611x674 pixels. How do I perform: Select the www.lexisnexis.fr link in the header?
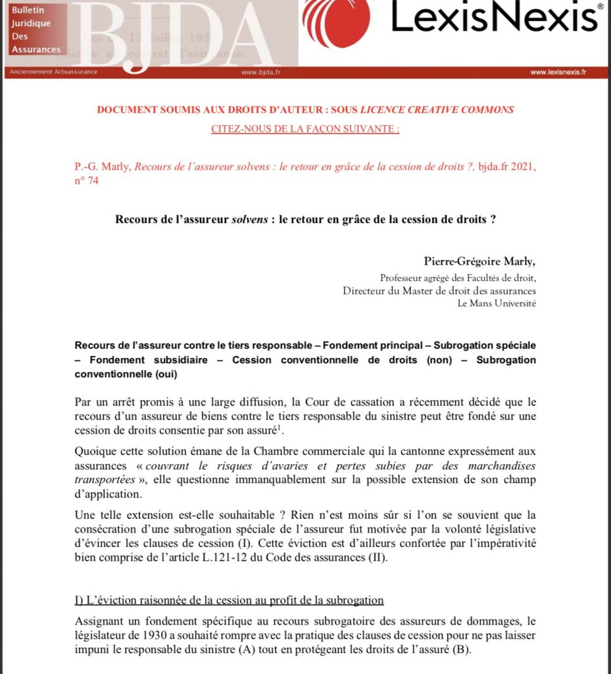[558, 72]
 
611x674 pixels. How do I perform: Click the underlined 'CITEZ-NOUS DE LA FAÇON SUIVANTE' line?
[305, 129]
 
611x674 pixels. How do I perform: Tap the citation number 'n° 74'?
[86, 180]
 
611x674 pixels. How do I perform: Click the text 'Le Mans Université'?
[497, 303]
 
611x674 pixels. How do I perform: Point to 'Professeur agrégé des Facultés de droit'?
[458, 278]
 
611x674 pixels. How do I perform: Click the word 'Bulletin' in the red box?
[26, 11]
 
